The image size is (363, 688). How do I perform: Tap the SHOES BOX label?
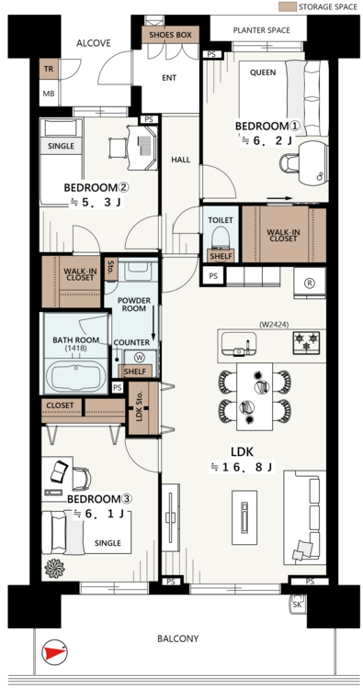171,35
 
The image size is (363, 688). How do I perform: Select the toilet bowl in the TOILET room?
221,238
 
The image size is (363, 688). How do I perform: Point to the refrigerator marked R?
310,283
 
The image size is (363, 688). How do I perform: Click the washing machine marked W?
140,357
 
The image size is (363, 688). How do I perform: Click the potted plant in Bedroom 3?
54,568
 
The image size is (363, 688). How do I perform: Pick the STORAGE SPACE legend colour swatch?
287,6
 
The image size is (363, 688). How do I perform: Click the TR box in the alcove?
49,69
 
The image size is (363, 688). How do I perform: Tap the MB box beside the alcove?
49,94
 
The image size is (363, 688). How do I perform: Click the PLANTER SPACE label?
262,30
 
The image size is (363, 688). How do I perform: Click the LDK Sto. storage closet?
142,408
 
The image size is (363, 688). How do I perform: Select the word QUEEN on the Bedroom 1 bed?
263,72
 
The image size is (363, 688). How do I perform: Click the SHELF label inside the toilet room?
221,256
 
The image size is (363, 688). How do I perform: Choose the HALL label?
181,160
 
